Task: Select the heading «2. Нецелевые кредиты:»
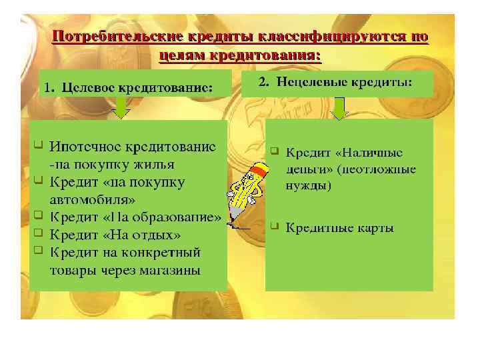(335, 82)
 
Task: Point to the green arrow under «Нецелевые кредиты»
(339, 108)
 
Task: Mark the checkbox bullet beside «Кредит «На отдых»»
(39, 233)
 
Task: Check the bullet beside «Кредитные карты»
(274, 227)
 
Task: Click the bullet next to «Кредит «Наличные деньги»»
(274, 151)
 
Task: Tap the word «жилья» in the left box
(157, 165)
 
